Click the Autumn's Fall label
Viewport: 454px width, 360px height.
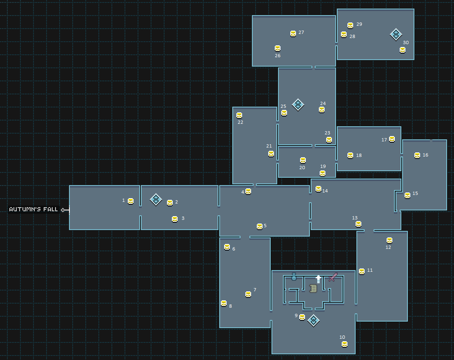pos(33,210)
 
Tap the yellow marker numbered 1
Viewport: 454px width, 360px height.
pos(131,201)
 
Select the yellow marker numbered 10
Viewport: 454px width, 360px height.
pos(345,344)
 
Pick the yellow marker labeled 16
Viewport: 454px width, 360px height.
pos(417,155)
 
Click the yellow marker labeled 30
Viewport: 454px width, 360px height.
pos(403,50)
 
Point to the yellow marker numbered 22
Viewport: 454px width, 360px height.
pos(239,115)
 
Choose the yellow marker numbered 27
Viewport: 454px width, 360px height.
pos(293,34)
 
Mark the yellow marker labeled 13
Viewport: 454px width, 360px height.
pos(358,224)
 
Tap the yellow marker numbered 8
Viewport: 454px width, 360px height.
pos(224,303)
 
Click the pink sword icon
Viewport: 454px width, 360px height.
pos(333,277)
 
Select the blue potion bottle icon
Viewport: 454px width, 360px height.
pos(294,277)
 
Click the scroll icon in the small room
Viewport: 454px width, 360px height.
pos(313,288)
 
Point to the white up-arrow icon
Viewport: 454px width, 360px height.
pos(318,279)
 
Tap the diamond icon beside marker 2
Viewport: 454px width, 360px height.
pos(156,199)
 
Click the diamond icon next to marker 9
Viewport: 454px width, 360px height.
pos(313,320)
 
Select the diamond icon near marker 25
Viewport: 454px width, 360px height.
pos(298,105)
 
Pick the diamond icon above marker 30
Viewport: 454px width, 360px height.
pos(396,34)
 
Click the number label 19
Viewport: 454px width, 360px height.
pos(323,166)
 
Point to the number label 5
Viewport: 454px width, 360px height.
pos(265,226)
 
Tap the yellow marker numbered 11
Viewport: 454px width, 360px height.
pos(362,271)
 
